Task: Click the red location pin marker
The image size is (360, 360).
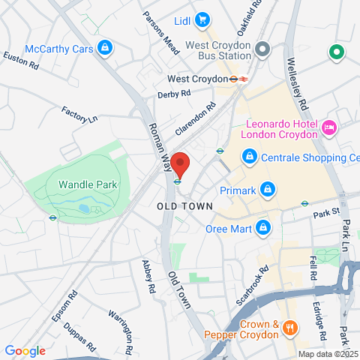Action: click(x=178, y=163)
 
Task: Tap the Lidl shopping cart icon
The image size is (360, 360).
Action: click(x=201, y=19)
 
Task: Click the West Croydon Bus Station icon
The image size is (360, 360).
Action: click(x=262, y=49)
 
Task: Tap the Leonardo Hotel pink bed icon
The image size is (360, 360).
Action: click(x=328, y=129)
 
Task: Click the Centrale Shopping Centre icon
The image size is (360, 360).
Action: click(x=248, y=157)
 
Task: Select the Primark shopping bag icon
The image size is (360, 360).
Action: click(x=267, y=190)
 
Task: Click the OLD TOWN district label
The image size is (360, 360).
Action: click(x=184, y=205)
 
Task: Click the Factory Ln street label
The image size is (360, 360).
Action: click(x=79, y=115)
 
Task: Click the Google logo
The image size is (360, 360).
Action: click(x=25, y=351)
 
